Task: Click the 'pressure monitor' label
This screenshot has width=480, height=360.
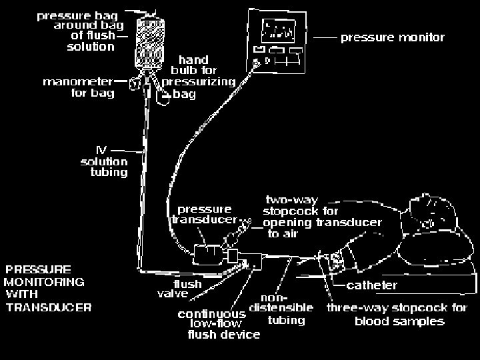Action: (x=392, y=37)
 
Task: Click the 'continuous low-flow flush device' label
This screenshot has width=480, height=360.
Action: (x=218, y=323)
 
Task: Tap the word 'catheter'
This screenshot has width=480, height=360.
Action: (x=373, y=285)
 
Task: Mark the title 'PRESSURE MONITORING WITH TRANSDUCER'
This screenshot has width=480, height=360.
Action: (x=48, y=289)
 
